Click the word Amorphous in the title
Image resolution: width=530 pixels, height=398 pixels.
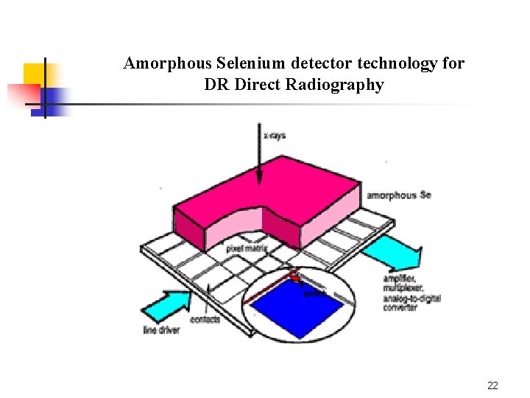[160, 64]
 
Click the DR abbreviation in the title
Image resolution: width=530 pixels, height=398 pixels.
[217, 85]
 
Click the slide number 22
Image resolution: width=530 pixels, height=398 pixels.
[493, 385]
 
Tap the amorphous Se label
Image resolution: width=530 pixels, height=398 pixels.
[398, 195]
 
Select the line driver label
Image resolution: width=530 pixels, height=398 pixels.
[161, 330]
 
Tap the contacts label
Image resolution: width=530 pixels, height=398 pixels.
[205, 319]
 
